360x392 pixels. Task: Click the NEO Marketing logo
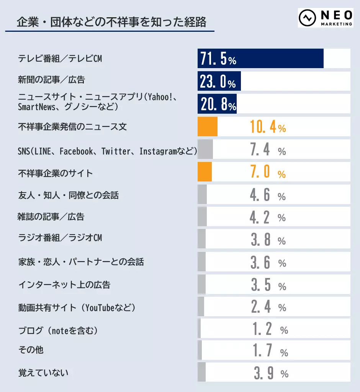pyautogui.click(x=326, y=18)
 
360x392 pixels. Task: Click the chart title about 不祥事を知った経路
pyautogui.click(x=111, y=22)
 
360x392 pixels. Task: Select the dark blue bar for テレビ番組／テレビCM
pyautogui.click(x=260, y=59)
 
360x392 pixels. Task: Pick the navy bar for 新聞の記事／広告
pyautogui.click(x=219, y=81)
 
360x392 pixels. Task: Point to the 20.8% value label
pyautogui.click(x=218, y=104)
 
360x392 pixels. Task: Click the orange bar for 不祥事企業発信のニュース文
pyautogui.click(x=207, y=127)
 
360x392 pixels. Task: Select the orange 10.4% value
pyautogui.click(x=268, y=127)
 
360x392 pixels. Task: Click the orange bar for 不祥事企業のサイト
pyautogui.click(x=205, y=172)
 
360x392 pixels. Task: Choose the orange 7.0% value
pyautogui.click(x=268, y=173)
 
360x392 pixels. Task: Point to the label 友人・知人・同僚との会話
pyautogui.click(x=69, y=196)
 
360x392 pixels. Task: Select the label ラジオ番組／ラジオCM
pyautogui.click(x=60, y=238)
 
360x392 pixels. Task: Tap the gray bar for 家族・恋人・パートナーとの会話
pyautogui.click(x=201, y=262)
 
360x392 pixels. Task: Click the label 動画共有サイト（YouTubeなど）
pyautogui.click(x=77, y=307)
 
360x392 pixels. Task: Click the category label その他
pyautogui.click(x=31, y=350)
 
